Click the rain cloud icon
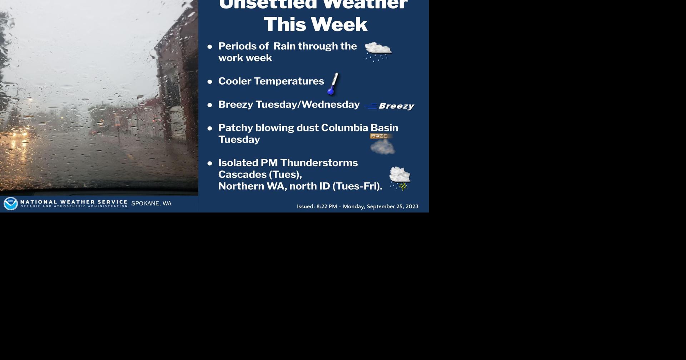coord(378,51)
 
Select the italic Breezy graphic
coord(396,106)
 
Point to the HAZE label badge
coord(379,136)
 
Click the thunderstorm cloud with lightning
coord(400,178)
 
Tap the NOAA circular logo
coord(10,204)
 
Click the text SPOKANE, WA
coord(151,204)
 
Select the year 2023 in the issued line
coord(412,206)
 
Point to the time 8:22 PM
coord(327,206)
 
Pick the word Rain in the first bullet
coord(284,46)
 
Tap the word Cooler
coord(235,81)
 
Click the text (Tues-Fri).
coord(357,186)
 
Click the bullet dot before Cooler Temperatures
coord(210,81)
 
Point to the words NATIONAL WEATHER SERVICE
coord(74,202)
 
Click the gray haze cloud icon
coord(383,147)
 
